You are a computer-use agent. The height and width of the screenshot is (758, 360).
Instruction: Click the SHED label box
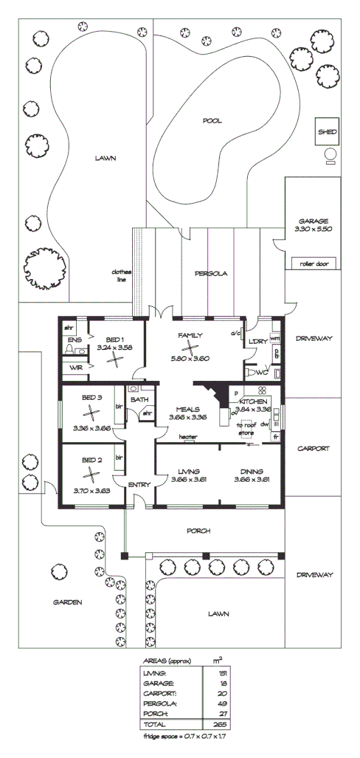pos(328,132)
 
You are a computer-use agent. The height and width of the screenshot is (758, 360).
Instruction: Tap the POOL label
pos(212,120)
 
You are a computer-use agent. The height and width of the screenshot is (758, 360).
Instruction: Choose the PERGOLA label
pos(211,274)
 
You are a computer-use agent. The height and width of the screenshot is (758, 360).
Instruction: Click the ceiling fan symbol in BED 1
pos(114,359)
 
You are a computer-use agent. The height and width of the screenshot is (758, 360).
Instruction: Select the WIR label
pos(75,367)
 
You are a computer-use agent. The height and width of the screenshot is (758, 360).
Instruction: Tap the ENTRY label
pos(139,484)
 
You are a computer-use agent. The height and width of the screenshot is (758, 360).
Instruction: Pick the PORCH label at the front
pos(198,531)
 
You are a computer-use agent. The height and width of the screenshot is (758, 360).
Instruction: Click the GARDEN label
pos(67,602)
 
